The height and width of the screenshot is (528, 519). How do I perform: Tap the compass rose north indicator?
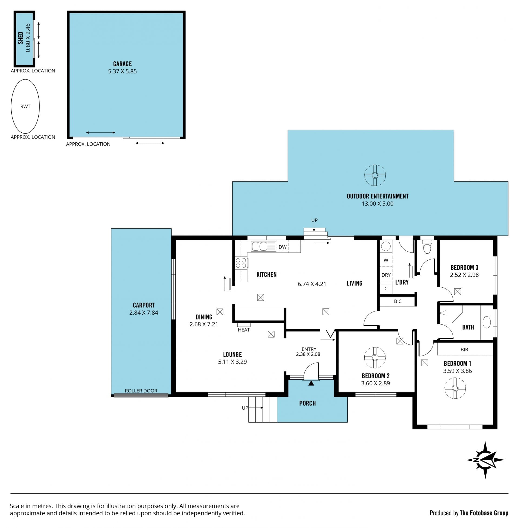485,460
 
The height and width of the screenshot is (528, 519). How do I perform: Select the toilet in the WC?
427,247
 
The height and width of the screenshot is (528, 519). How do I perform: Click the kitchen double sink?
259,246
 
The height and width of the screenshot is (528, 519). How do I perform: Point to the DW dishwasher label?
282,247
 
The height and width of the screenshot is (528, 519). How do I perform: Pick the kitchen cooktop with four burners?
241,263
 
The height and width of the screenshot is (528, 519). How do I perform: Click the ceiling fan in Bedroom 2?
375,358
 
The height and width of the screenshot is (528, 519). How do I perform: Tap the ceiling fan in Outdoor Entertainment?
375,175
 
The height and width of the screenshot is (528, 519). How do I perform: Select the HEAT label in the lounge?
244,330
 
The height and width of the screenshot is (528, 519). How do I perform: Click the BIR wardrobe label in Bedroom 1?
464,349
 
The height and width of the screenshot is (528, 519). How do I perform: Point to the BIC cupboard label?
398,301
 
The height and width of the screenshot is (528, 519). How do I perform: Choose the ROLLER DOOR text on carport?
141,391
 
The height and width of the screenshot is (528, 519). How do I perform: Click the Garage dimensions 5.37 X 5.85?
122,71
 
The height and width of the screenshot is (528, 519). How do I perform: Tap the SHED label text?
21,38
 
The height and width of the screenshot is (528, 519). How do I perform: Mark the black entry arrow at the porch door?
311,383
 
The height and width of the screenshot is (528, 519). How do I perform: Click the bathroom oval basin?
487,322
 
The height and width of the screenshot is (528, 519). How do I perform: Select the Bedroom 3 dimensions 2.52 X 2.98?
464,275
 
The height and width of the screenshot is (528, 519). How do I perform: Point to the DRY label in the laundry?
386,275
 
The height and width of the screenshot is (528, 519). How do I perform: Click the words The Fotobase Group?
484,513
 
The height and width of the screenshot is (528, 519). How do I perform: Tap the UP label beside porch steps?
245,408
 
